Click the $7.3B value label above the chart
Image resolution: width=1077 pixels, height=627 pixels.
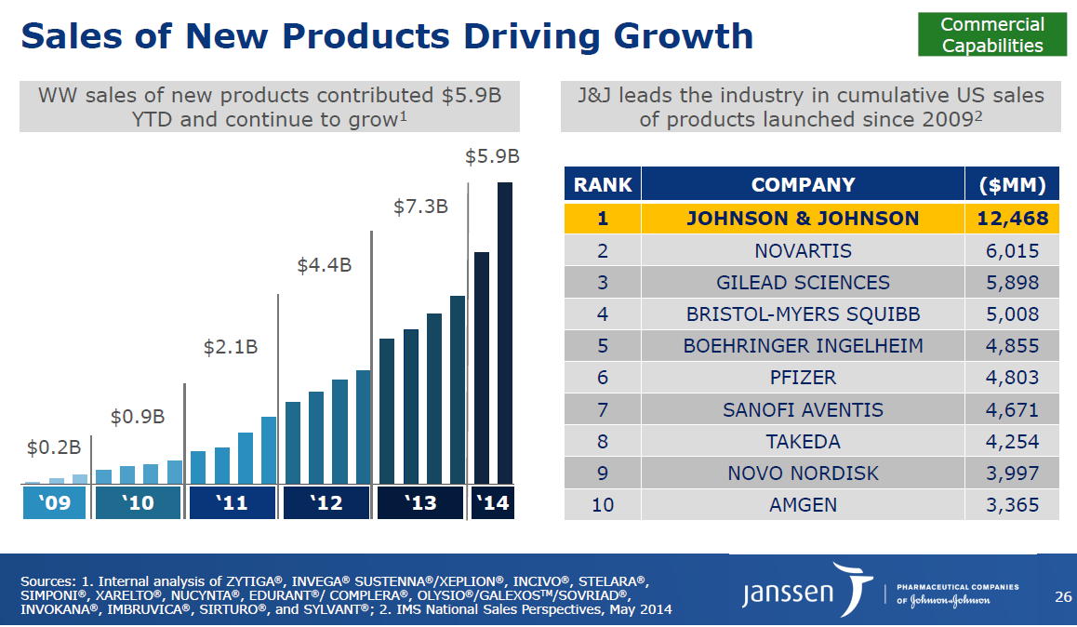[420, 207]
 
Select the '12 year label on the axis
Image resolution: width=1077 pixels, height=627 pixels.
[326, 503]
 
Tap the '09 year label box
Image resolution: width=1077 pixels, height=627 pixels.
[55, 503]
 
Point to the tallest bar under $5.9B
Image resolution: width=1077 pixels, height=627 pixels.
[505, 332]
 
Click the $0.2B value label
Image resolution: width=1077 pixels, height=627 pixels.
[54, 448]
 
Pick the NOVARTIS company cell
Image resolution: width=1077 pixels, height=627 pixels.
[803, 251]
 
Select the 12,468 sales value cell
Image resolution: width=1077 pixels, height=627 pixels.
[1013, 219]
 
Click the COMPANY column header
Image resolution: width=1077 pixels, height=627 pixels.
[803, 184]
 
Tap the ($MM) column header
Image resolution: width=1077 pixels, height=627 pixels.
[1013, 184]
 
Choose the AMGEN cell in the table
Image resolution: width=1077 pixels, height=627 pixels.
[803, 505]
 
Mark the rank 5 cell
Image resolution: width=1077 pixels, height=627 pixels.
[603, 346]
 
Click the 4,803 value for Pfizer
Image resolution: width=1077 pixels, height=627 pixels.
[1013, 378]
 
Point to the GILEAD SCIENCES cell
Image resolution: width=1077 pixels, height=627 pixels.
[803, 283]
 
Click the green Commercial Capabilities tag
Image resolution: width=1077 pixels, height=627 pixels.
[992, 35]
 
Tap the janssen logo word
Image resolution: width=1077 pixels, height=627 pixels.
[788, 594]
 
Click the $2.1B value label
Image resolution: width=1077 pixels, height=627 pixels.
[231, 348]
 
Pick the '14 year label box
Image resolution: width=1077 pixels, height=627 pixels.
[492, 503]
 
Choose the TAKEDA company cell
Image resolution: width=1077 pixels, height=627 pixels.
[803, 442]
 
